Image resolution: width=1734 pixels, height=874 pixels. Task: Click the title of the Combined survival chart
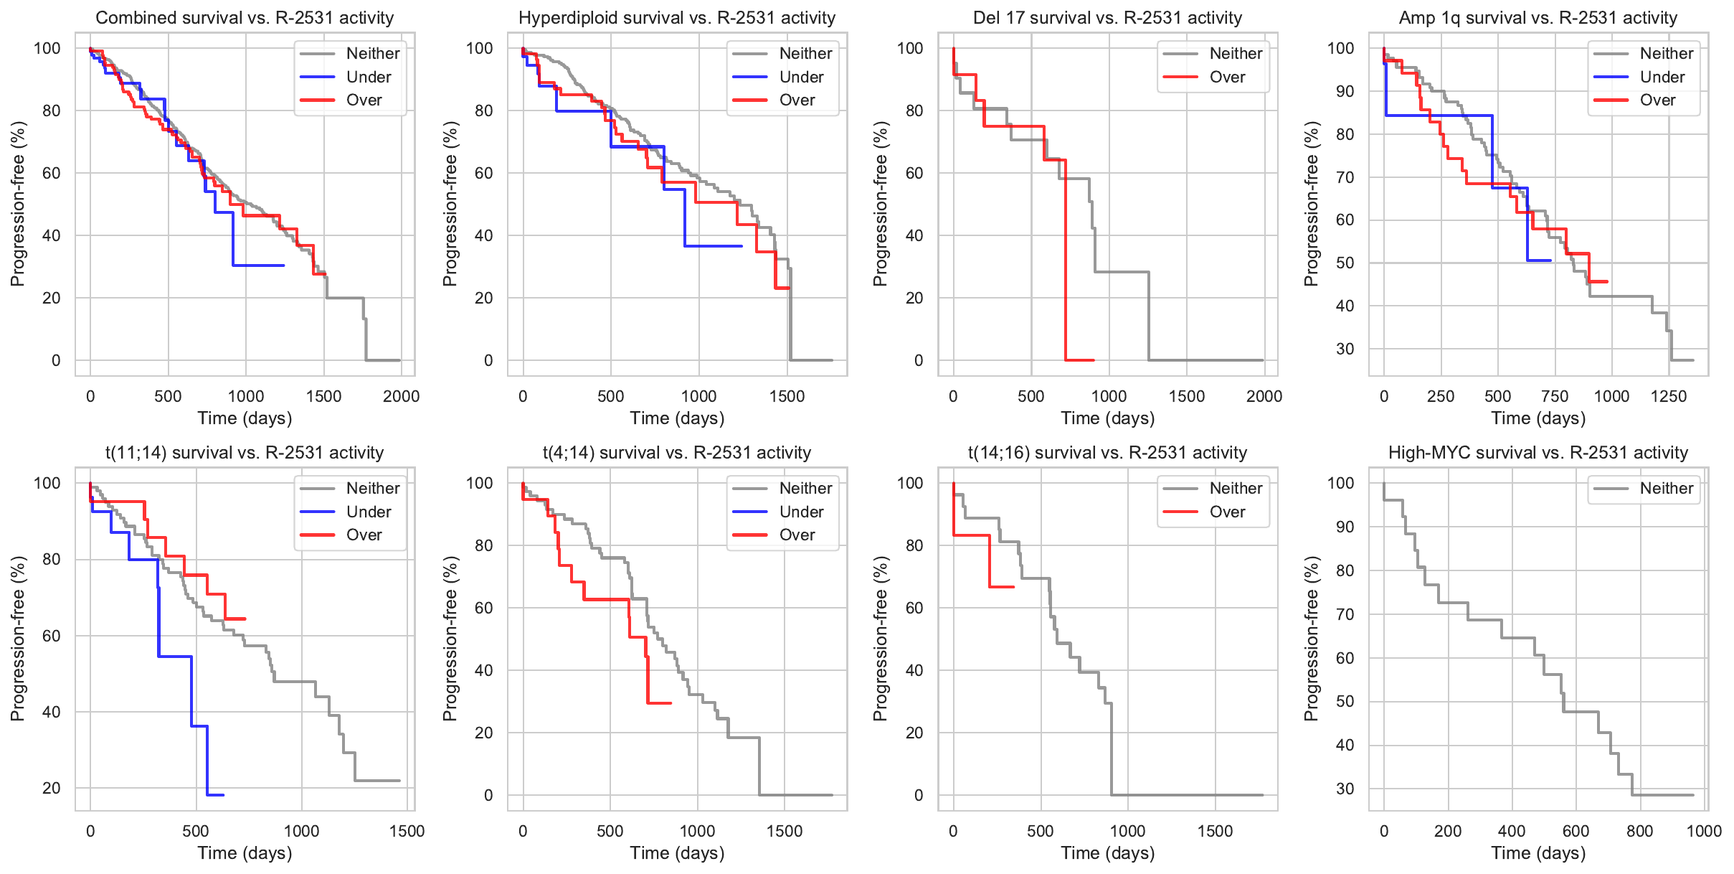coord(245,18)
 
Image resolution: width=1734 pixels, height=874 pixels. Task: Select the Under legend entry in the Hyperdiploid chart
coord(801,77)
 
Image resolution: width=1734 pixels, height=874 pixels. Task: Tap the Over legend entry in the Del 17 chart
coord(1227,77)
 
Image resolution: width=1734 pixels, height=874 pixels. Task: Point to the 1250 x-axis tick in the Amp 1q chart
coord(1668,396)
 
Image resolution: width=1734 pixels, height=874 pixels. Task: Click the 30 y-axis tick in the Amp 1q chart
coord(1345,349)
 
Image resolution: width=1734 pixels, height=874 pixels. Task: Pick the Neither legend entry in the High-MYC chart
coord(1666,489)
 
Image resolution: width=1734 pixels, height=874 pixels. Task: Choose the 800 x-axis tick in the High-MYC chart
coord(1639,831)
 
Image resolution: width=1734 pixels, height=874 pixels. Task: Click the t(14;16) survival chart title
coord(1107,453)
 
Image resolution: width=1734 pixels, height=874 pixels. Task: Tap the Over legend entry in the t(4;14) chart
coord(797,535)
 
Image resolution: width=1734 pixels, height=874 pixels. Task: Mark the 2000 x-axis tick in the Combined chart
coord(401,396)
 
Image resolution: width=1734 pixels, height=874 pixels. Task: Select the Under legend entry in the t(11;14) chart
coord(369,512)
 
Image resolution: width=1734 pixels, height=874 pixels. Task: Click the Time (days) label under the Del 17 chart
coord(1107,418)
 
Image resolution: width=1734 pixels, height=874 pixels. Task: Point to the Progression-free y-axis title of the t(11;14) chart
coord(18,639)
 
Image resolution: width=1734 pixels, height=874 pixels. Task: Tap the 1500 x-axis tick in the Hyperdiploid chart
coord(787,396)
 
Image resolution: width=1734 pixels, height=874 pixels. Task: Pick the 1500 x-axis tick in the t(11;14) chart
coord(407,831)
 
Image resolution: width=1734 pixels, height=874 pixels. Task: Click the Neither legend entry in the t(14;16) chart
coord(1236,489)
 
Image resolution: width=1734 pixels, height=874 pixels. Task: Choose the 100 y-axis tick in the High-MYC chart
coord(1340,483)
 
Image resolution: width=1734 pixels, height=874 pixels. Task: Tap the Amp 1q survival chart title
coord(1538,18)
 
